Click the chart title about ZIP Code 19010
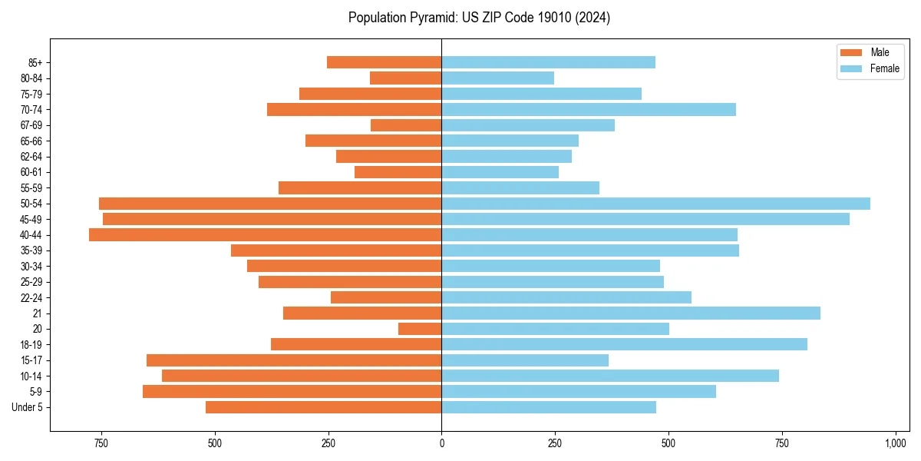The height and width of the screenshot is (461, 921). [x=479, y=18]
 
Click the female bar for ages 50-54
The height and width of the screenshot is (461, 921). [x=655, y=204]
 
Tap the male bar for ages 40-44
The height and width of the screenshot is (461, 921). [x=265, y=235]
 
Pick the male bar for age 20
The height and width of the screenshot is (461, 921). [x=420, y=329]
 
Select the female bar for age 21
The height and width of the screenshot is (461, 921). [x=631, y=313]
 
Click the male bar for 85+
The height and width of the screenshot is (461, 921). [x=384, y=62]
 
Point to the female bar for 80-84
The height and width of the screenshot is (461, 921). [x=497, y=78]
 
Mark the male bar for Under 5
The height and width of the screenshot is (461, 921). [x=323, y=407]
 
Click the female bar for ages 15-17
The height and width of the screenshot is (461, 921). [x=525, y=360]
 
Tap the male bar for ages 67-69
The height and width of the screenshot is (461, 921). [x=406, y=125]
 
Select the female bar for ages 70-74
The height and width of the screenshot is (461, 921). [x=589, y=110]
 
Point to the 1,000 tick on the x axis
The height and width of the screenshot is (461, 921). [x=896, y=443]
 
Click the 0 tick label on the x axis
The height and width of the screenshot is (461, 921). [x=441, y=443]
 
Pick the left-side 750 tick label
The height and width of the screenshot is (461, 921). [x=101, y=443]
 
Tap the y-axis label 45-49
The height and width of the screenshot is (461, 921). [x=31, y=219]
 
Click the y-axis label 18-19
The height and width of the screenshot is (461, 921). [x=31, y=345]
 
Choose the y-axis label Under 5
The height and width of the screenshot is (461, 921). [x=28, y=407]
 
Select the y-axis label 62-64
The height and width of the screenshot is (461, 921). [x=31, y=157]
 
